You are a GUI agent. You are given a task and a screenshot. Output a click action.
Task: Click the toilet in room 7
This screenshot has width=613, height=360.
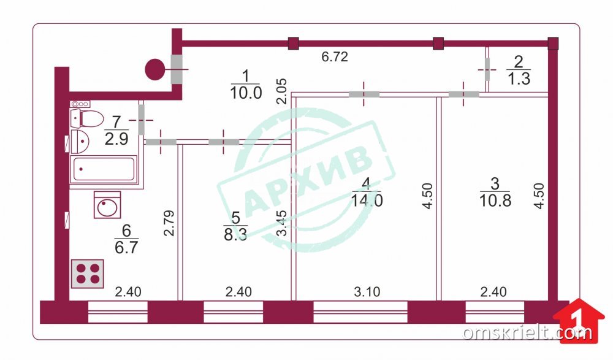[x=87, y=118]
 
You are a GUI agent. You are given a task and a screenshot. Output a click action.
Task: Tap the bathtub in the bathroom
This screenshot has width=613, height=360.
[x=104, y=169]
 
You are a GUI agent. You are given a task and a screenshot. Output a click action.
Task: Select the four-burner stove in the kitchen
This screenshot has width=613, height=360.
[x=88, y=274]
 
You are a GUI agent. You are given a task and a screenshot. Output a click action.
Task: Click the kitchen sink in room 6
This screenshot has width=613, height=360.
[x=107, y=205]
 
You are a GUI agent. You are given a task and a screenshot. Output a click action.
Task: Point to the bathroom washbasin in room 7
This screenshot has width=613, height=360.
[x=80, y=141]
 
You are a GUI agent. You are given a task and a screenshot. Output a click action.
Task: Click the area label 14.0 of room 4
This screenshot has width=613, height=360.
[x=367, y=201]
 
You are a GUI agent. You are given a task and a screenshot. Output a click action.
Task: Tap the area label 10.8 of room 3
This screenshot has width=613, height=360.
[x=495, y=201]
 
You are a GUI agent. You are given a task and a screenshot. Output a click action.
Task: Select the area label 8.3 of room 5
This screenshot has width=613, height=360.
[x=235, y=235]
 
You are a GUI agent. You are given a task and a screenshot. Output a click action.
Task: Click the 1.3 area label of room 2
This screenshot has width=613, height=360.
[x=519, y=79]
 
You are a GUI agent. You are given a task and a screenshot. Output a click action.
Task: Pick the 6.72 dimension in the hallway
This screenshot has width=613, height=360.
[x=335, y=57]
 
